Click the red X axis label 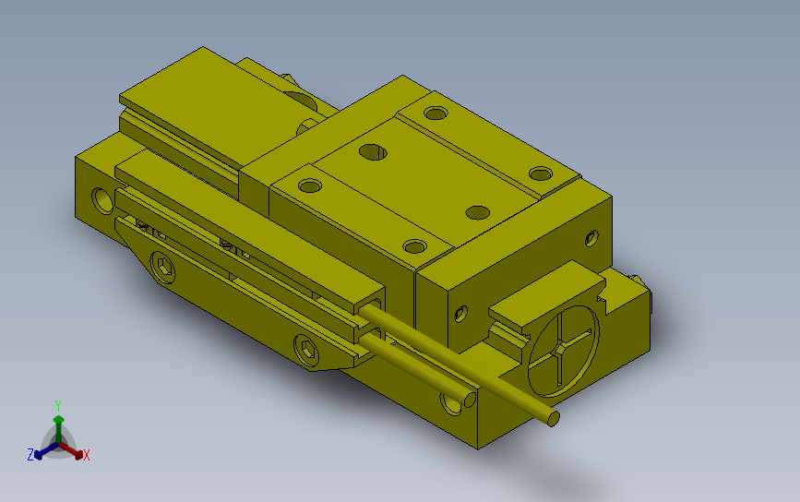pyautogui.click(x=86, y=455)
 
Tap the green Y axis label pyautogui.click(x=58, y=406)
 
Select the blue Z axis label pyautogui.click(x=30, y=455)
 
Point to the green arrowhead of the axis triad pyautogui.click(x=59, y=420)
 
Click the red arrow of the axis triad pyautogui.click(x=70, y=450)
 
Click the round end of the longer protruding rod pyautogui.click(x=553, y=418)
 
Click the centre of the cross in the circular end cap pyautogui.click(x=561, y=351)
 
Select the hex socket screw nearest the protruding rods pyautogui.click(x=307, y=350)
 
